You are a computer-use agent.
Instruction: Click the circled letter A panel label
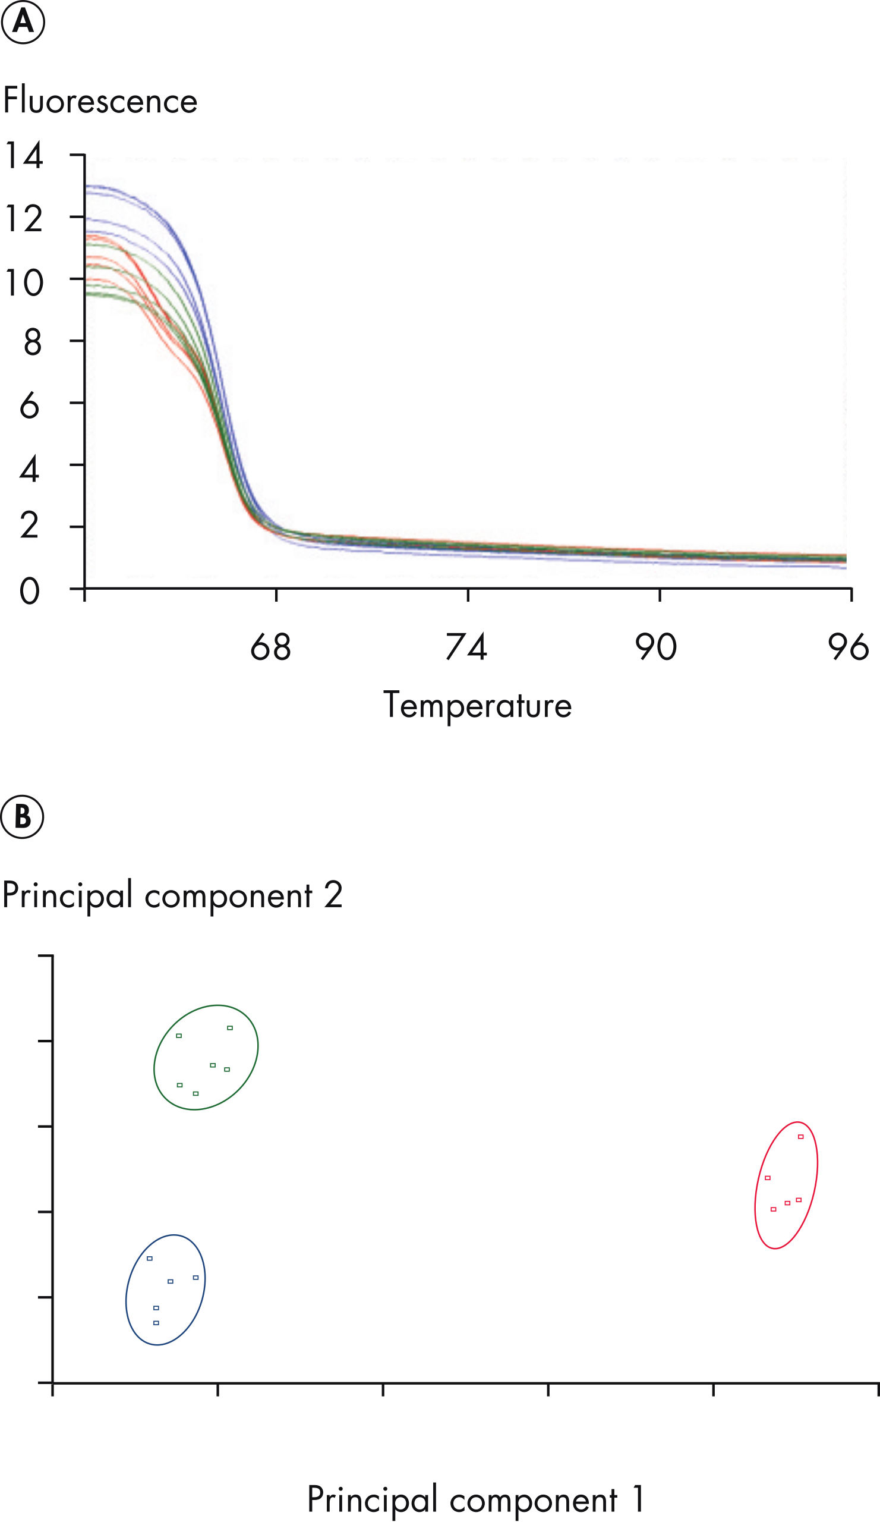point(23,22)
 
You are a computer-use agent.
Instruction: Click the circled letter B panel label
point(23,816)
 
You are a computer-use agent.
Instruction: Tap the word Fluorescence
point(100,100)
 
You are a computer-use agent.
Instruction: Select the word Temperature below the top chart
point(477,706)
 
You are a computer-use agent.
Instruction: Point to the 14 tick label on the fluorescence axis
point(24,155)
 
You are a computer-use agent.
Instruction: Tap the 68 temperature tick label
point(270,647)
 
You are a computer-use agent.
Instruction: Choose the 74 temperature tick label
point(466,647)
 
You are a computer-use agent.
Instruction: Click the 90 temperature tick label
point(655,647)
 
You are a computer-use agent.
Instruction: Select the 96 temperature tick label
point(848,647)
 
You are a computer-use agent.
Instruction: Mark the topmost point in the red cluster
point(801,1137)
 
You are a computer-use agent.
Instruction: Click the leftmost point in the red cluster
point(768,1178)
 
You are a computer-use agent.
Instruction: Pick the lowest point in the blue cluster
point(156,1323)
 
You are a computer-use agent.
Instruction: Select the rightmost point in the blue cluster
point(195,1278)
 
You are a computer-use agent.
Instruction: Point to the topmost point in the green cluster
point(230,1027)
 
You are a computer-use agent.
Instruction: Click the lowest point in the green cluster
point(195,1093)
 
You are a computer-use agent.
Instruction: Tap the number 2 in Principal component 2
point(333,895)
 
